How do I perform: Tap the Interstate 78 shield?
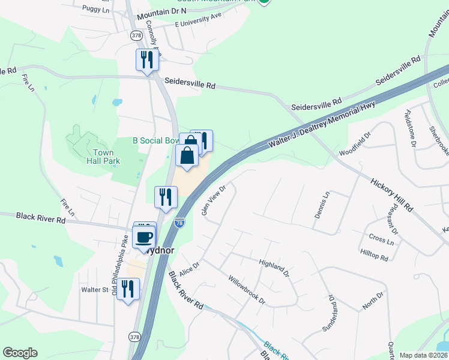tap(179, 223)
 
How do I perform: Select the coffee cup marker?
tap(143, 236)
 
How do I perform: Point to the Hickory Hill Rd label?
tap(391, 194)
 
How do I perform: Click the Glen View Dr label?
tap(213, 200)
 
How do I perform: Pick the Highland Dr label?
tap(274, 268)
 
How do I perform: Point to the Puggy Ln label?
tap(96, 10)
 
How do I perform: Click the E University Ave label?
tap(198, 19)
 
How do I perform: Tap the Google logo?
tap(20, 353)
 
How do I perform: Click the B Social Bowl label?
tap(156, 140)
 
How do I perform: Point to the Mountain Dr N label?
tap(161, 11)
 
